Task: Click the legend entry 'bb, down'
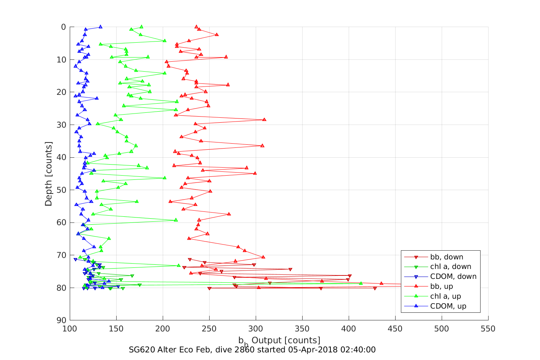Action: pyautogui.click(x=447, y=257)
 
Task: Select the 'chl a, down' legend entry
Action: pyautogui.click(x=450, y=267)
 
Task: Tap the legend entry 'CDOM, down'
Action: pyautogui.click(x=453, y=277)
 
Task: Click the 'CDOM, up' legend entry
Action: pyautogui.click(x=448, y=306)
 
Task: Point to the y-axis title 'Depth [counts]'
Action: pyautogui.click(x=48, y=174)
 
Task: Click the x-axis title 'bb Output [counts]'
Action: pyautogui.click(x=279, y=340)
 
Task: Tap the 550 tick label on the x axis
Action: pyautogui.click(x=488, y=329)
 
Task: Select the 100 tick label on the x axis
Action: pyautogui.click(x=70, y=329)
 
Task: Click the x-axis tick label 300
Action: pyautogui.click(x=256, y=329)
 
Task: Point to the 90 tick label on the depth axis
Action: pyautogui.click(x=61, y=320)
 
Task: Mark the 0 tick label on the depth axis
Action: pyautogui.click(x=64, y=27)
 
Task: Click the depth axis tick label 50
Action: pyautogui.click(x=61, y=190)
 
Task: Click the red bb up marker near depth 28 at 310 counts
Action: pyautogui.click(x=264, y=120)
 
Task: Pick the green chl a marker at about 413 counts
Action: pyautogui.click(x=361, y=283)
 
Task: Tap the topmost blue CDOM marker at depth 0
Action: pyautogui.click(x=100, y=27)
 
